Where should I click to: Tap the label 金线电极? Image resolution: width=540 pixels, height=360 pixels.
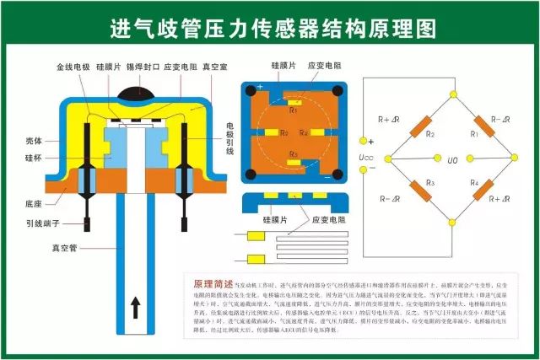tap(72, 65)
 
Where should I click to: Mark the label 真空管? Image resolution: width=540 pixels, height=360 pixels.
tap(66, 249)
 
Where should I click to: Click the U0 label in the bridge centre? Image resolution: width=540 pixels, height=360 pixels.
tap(452, 159)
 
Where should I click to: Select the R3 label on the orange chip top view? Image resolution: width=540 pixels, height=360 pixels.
tap(294, 154)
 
